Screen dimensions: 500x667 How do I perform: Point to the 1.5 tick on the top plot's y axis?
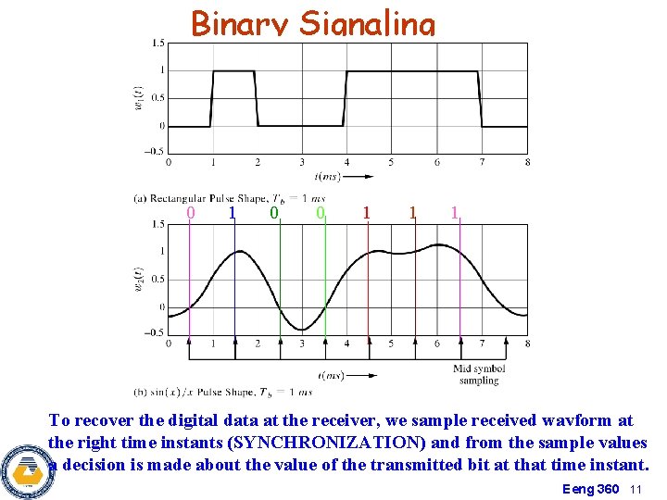[158, 43]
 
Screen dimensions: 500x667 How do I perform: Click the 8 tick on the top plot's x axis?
[527, 163]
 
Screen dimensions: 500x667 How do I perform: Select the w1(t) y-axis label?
[138, 97]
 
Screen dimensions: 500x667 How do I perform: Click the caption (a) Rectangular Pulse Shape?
[230, 197]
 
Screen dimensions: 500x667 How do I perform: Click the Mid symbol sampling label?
[478, 375]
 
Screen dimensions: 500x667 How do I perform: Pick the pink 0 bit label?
[191, 213]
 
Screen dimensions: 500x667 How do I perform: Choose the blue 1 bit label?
[232, 213]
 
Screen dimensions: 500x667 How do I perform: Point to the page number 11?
[636, 488]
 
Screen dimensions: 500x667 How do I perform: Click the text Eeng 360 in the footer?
[590, 488]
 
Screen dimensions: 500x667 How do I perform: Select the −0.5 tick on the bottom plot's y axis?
[156, 333]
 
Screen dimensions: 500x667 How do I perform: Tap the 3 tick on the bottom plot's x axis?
[302, 344]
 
